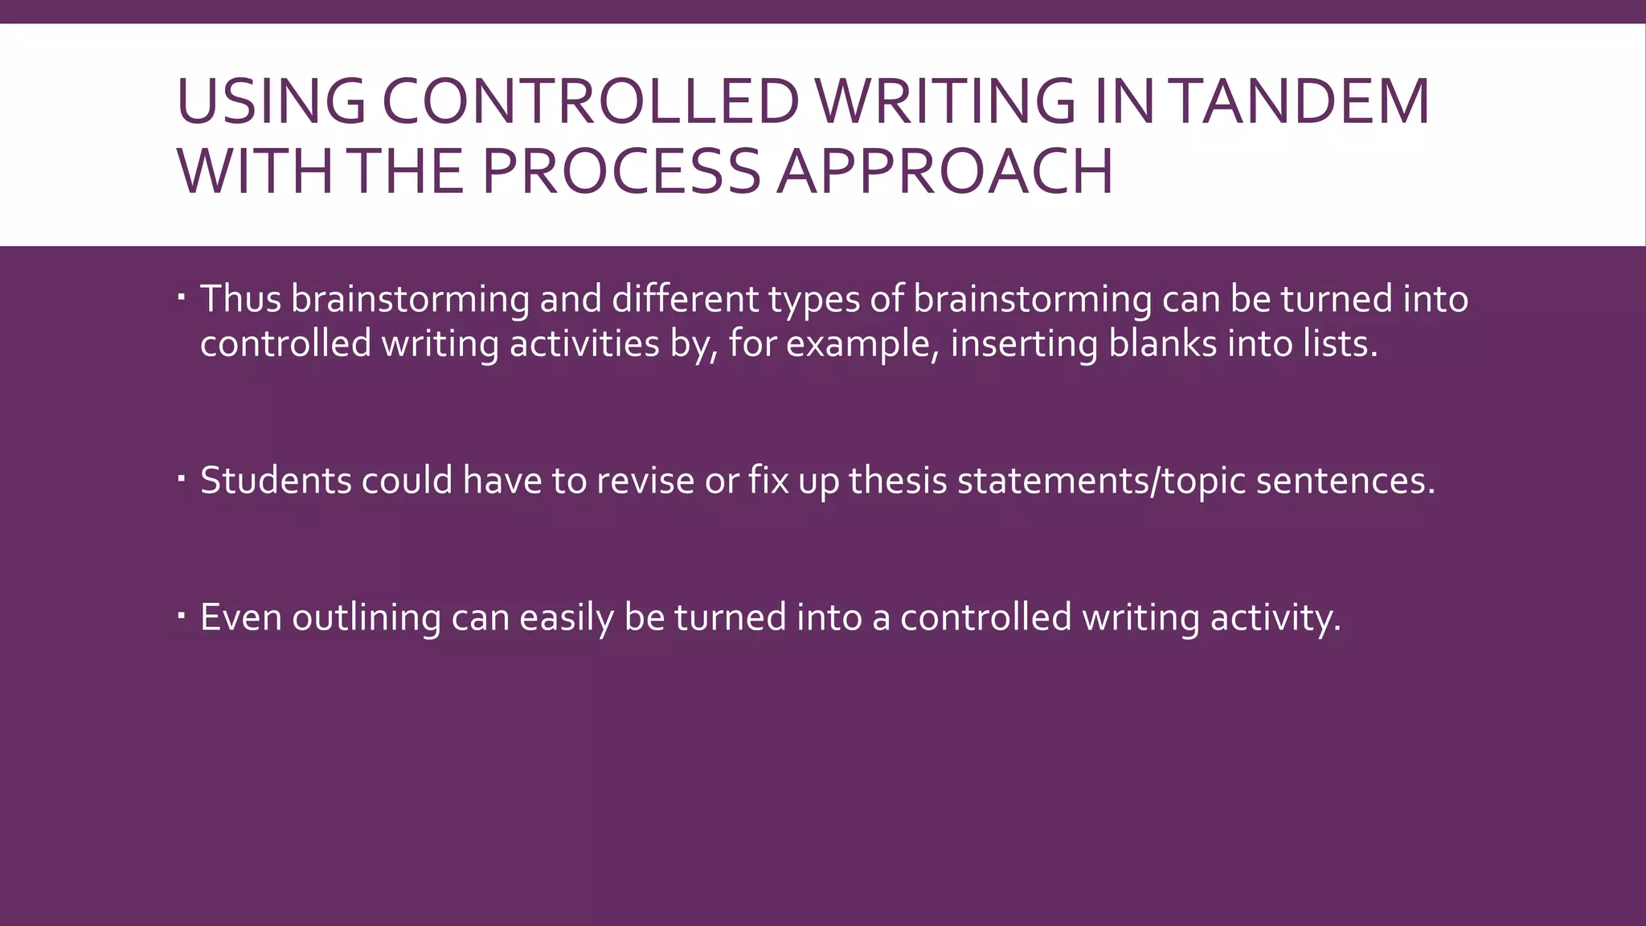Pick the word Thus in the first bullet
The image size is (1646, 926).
click(240, 299)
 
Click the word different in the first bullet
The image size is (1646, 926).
click(685, 299)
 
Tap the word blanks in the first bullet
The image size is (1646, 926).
click(1162, 344)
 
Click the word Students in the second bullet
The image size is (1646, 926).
click(276, 481)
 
